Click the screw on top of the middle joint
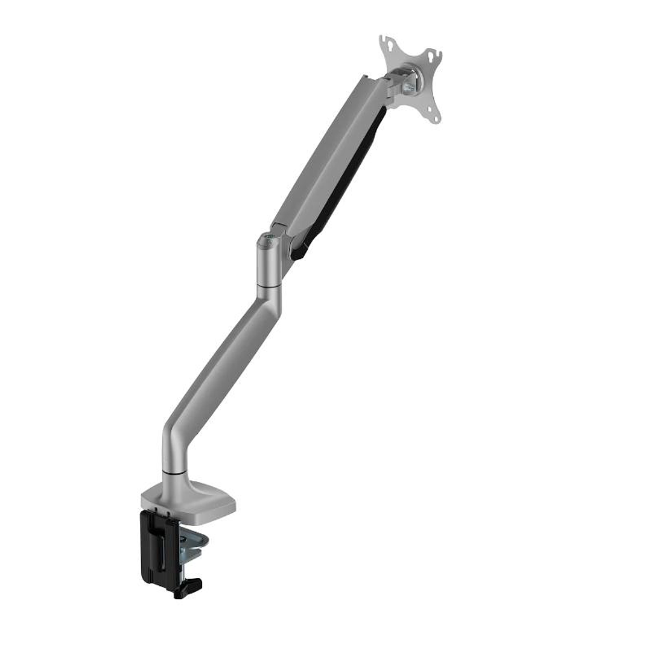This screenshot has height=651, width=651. [265, 241]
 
